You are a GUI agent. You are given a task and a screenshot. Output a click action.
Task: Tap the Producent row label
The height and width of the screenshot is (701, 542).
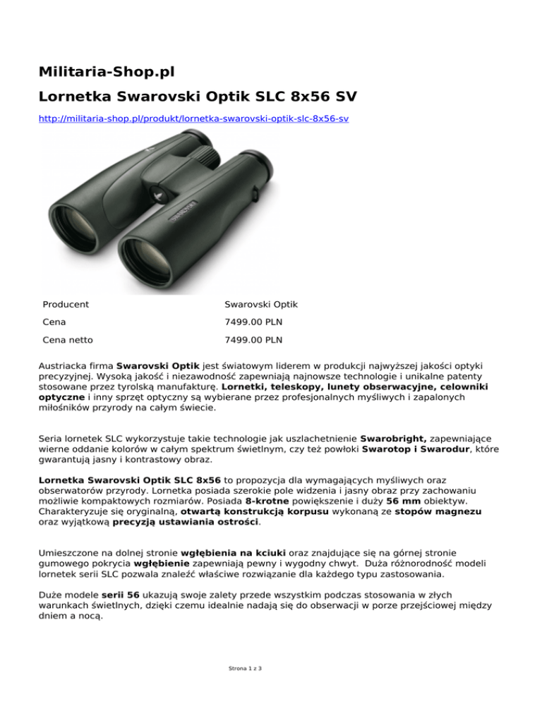[66, 305]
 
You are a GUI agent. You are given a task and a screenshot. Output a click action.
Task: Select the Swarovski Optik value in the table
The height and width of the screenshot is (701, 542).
[261, 305]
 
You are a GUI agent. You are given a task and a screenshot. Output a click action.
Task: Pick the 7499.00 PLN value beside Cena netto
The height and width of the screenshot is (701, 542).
[253, 339]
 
